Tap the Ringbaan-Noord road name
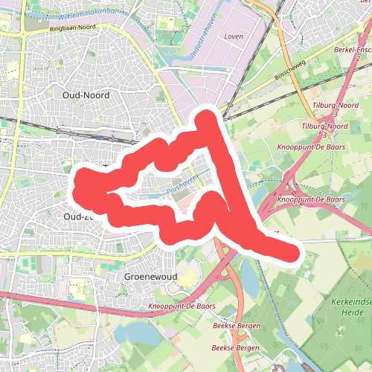pos(74,29)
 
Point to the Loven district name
pos(233,36)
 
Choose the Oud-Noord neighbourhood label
pos(86,95)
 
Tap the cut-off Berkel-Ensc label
pos(353,49)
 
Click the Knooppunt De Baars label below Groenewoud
pos(182,307)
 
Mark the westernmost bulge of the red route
pos(80,186)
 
